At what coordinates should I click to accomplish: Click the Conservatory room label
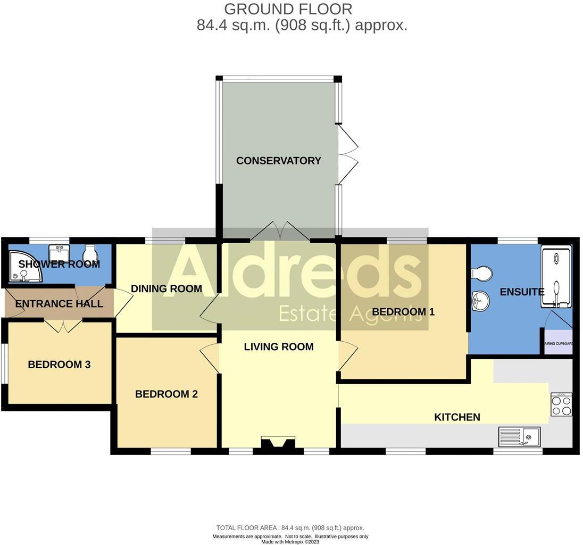tap(279, 161)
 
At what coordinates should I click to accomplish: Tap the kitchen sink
tap(519, 437)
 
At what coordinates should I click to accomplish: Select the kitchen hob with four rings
tap(561, 404)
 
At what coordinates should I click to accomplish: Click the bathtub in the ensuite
tap(556, 277)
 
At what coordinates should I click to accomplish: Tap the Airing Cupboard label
tap(558, 344)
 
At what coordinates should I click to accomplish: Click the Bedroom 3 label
tap(59, 365)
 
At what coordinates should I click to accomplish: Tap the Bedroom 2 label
tap(166, 394)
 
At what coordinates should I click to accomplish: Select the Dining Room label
tap(166, 289)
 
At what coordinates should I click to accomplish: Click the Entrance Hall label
tap(59, 304)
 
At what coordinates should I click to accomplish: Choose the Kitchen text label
tap(457, 417)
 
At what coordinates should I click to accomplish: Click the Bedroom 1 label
tap(403, 312)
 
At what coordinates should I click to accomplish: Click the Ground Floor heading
tap(288, 9)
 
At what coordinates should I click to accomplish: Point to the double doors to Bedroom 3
tap(63, 325)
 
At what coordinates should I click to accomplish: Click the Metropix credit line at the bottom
tap(290, 541)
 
